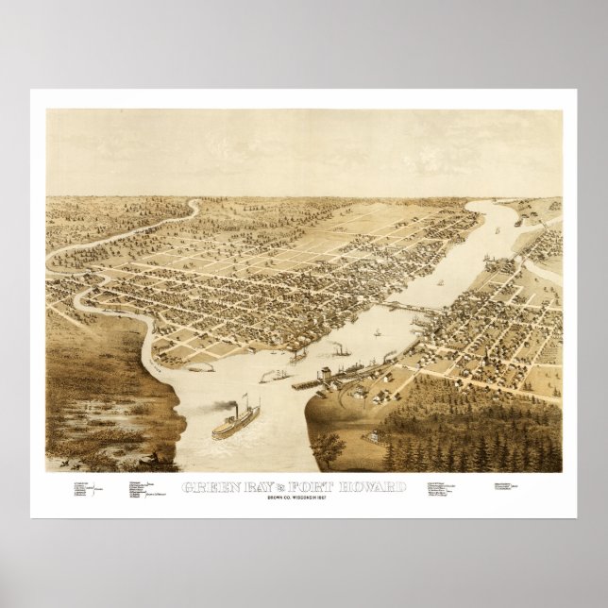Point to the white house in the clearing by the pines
379,435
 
